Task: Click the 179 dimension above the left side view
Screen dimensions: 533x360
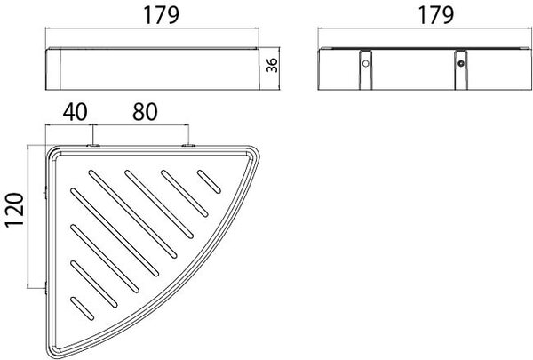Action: pyautogui.click(x=162, y=16)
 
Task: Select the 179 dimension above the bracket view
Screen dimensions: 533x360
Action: pyautogui.click(x=435, y=16)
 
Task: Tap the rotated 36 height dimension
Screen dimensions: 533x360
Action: pyautogui.click(x=272, y=65)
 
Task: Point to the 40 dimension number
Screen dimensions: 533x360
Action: pyautogui.click(x=76, y=112)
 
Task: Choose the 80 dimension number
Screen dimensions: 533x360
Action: pyautogui.click(x=145, y=112)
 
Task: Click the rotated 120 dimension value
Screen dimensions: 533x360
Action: pyautogui.click(x=14, y=210)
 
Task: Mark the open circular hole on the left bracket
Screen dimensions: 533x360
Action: pyautogui.click(x=366, y=64)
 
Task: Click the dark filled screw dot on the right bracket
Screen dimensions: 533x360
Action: pyautogui.click(x=461, y=64)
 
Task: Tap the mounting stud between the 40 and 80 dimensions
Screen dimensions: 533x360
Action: pyautogui.click(x=92, y=146)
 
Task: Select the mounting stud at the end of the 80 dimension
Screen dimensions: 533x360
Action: pyautogui.click(x=188, y=146)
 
